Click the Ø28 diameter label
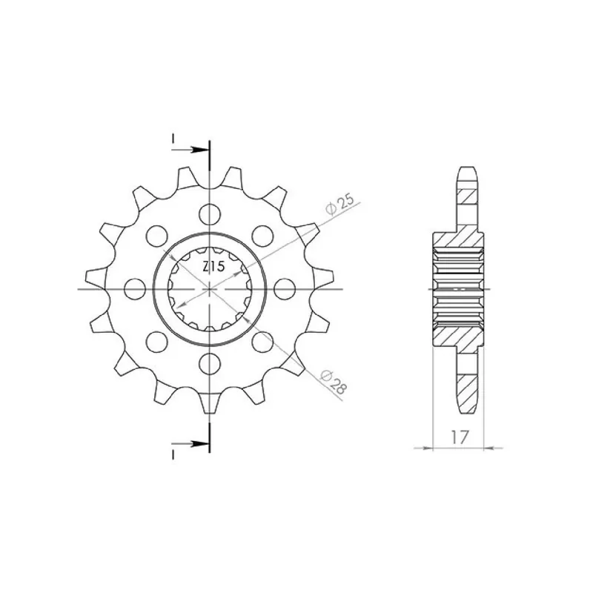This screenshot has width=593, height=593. tap(333, 382)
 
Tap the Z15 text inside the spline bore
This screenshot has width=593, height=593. tap(213, 267)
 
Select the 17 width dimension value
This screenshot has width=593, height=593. tap(460, 437)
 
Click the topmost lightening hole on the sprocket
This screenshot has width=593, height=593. tap(210, 214)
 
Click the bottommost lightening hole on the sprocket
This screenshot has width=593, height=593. tap(210, 364)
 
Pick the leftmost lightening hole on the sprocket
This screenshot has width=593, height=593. tap(135, 289)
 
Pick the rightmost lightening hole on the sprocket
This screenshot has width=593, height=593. tap(285, 289)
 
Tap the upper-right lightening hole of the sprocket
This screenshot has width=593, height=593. tap(262, 236)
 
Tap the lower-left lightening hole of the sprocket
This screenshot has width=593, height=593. tap(156, 342)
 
